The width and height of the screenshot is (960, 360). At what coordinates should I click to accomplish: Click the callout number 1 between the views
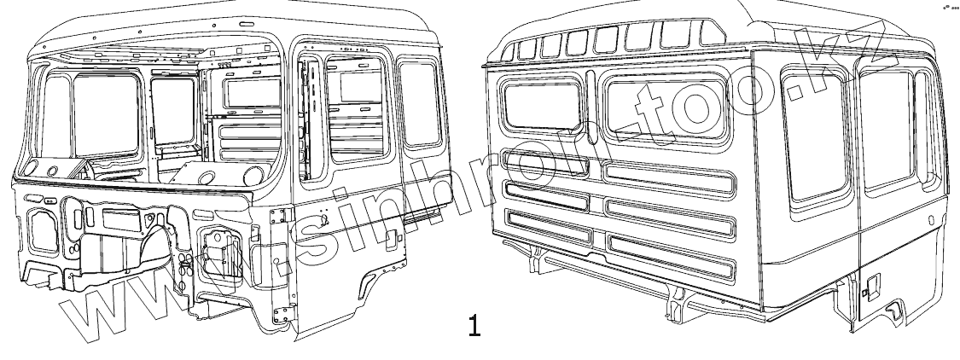pyautogui.click(x=474, y=325)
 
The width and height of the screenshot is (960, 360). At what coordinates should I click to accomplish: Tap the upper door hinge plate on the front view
pyautogui.click(x=278, y=218)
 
